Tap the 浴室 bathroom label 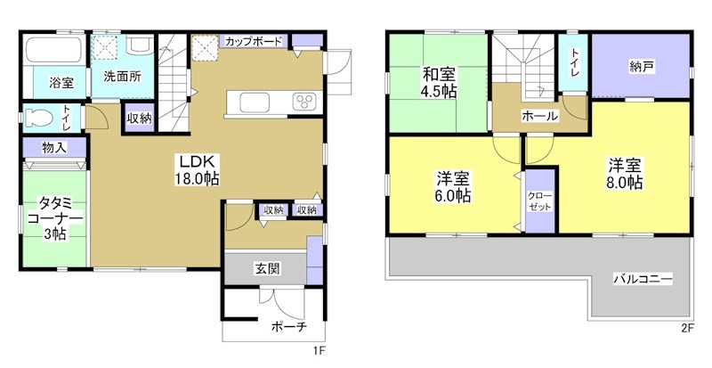(61, 83)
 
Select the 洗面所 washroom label (122, 77)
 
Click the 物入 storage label (52, 146)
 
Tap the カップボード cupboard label (254, 41)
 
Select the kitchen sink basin (246, 100)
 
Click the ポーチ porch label (287, 328)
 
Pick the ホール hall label (540, 117)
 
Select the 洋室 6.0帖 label (453, 185)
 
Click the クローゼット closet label (539, 200)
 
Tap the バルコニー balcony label (642, 279)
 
